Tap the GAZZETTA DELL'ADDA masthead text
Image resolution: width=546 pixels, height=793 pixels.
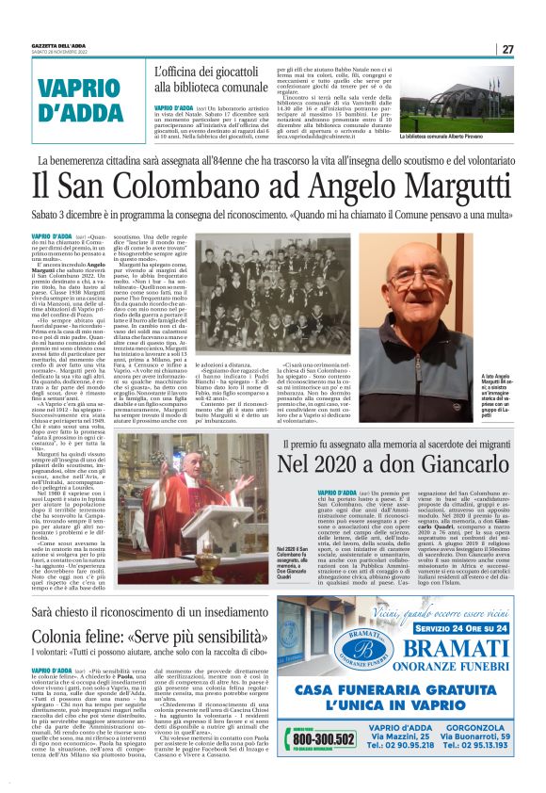pyautogui.click(x=62, y=46)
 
